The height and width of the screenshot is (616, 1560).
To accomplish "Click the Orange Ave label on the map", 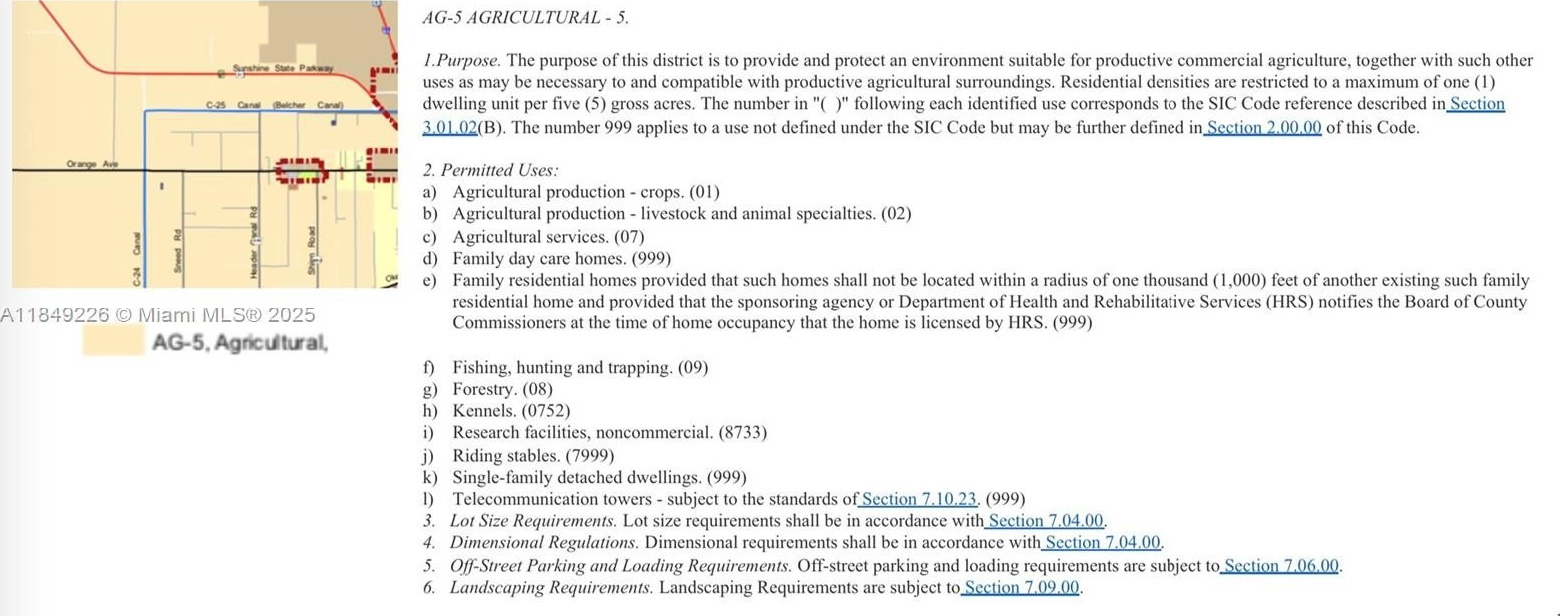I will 92,163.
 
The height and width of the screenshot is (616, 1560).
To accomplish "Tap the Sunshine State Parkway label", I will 282,69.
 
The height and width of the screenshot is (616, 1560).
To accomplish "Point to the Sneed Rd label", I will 178,249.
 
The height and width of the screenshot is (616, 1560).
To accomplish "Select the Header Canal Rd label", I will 255,243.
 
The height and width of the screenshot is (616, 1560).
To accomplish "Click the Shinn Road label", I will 313,250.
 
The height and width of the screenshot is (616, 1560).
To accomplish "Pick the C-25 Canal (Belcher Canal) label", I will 274,105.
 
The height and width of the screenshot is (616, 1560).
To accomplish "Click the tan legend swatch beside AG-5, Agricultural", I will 112,342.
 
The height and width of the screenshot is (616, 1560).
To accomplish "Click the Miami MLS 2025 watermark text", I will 158,315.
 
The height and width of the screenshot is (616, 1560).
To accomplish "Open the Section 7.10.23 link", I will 918,499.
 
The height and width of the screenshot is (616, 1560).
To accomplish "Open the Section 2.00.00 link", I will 1263,127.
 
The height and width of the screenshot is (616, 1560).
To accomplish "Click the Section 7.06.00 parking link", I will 1280,565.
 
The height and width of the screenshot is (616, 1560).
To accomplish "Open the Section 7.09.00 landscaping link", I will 1021,587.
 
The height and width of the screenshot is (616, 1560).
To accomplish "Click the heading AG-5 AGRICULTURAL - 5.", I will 526,18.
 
